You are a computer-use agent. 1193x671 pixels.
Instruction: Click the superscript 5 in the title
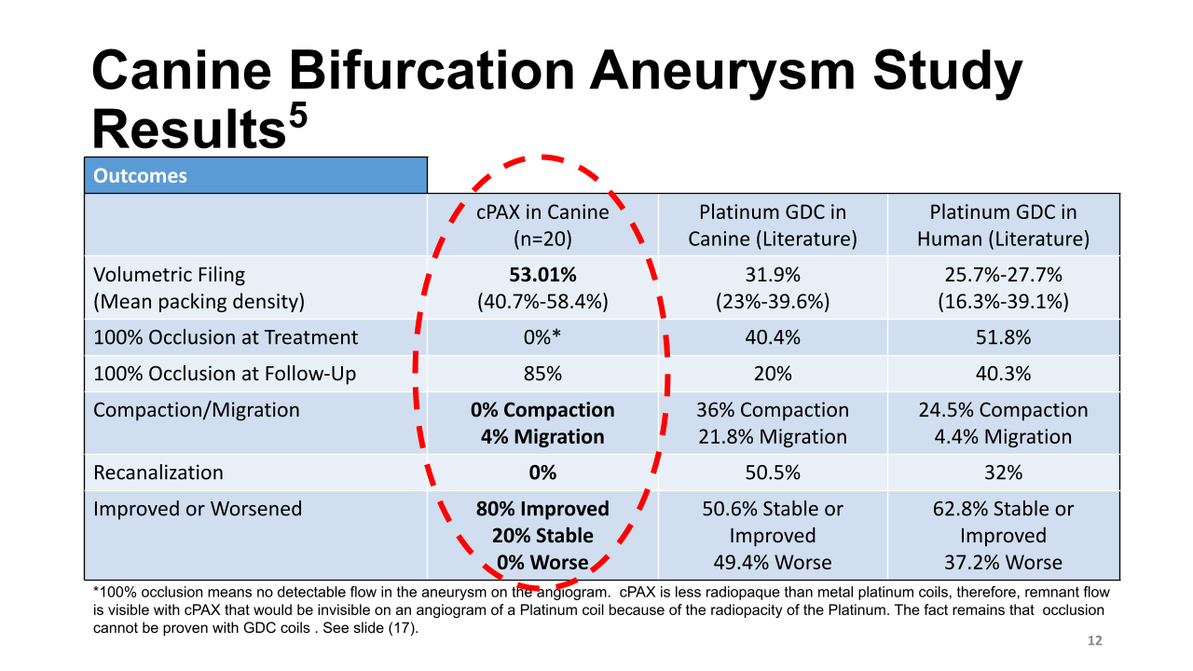295,119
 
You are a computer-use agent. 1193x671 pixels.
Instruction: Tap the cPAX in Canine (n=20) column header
542,225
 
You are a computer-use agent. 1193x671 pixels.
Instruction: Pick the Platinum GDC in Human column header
1003,225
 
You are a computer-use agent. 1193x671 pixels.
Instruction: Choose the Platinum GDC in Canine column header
773,225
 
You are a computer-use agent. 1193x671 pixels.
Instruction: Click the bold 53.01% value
542,275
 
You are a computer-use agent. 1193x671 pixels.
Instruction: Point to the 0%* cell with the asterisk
542,337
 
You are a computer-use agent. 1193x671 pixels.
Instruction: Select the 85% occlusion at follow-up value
542,374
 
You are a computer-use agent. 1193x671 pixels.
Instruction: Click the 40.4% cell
773,337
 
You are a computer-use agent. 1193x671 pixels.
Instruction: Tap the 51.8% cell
1003,337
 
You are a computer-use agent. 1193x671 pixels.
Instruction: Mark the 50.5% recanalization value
773,472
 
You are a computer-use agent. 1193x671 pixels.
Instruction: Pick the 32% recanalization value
1003,472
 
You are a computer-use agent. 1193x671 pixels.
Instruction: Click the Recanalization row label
158,472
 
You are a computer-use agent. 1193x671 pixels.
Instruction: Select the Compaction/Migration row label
197,410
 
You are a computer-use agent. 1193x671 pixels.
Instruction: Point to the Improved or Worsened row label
198,509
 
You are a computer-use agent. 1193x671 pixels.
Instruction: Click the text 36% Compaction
773,410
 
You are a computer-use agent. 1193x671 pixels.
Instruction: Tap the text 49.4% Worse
773,562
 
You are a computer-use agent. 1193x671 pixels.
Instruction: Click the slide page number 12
1095,641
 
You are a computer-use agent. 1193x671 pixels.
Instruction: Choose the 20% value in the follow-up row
773,374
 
